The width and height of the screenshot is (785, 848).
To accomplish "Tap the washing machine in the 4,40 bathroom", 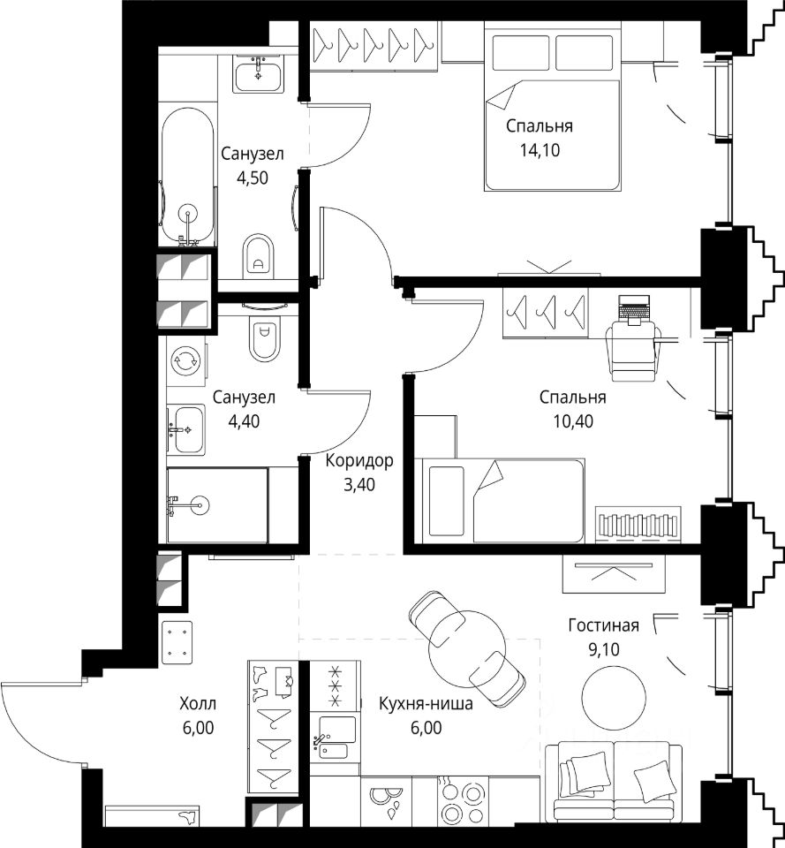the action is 185,361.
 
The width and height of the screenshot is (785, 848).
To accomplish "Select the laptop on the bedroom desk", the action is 634,309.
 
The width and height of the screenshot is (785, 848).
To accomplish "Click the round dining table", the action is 467,648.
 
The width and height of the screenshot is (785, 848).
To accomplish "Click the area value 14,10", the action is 540,150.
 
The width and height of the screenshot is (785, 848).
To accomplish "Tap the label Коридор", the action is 359,461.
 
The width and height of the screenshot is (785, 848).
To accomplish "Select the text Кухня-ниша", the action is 426,704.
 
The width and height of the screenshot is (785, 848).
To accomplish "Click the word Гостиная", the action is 603,625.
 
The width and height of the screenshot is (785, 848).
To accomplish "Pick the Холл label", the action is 198,704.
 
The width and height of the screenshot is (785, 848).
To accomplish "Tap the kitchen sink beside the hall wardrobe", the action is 336,736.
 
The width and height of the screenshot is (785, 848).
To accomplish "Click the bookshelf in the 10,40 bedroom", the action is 638,524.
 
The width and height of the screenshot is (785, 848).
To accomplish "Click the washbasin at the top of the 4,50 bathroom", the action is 260,73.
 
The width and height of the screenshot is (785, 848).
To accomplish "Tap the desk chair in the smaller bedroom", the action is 632,349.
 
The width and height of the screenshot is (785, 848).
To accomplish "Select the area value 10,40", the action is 572,420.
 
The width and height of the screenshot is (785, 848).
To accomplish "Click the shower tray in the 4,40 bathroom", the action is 217,505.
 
